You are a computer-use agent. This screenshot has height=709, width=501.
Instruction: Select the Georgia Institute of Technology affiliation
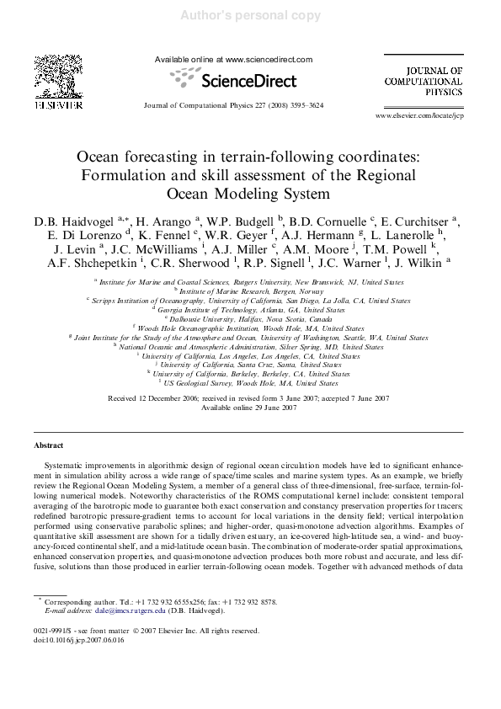click(x=249, y=310)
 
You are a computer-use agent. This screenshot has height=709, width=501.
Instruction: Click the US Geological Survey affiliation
click(x=249, y=382)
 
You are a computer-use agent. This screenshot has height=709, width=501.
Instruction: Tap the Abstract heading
click(x=50, y=444)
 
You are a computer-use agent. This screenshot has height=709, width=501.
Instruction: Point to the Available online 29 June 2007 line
click(x=249, y=408)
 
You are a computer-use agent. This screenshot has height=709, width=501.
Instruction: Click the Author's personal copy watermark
click(x=249, y=13)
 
